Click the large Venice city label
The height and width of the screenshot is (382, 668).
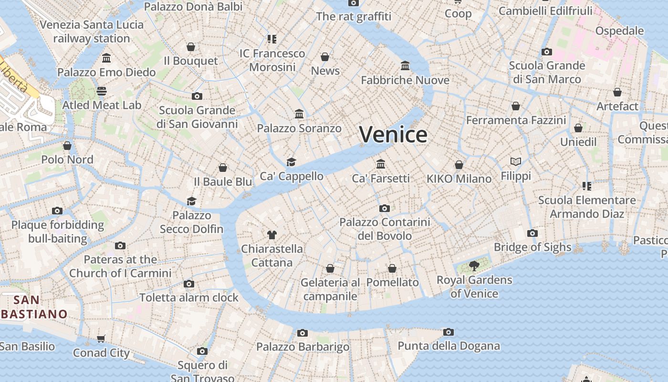[x=393, y=134]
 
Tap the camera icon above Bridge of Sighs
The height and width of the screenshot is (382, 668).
[x=532, y=233]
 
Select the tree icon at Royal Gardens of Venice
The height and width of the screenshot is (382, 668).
[x=474, y=266]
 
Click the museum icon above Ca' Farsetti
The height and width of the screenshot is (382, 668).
[x=381, y=164]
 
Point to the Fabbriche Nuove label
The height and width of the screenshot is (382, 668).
[x=405, y=80]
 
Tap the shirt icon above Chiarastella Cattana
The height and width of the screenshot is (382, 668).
[x=272, y=235]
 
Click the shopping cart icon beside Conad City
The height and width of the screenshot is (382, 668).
[x=101, y=339]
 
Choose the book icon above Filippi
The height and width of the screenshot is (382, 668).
[x=516, y=162]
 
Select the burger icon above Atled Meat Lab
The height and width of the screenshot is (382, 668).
[x=102, y=91]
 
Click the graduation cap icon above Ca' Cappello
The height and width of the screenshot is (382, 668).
[x=292, y=162]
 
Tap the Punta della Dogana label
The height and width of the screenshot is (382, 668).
[x=449, y=346]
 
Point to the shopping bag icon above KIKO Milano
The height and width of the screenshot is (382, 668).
[x=459, y=165]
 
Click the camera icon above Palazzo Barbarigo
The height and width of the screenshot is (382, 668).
[x=303, y=333]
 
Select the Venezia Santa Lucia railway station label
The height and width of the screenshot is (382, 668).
[x=92, y=32]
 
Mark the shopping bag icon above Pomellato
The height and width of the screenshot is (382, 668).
[x=392, y=268]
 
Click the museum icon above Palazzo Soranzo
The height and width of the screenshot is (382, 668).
[x=299, y=114]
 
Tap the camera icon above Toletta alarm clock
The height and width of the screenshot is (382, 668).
[x=189, y=284]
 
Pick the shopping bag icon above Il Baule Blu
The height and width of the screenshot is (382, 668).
[x=223, y=168]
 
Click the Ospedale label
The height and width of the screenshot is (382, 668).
[x=619, y=31]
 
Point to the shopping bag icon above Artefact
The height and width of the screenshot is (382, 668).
[x=617, y=92]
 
